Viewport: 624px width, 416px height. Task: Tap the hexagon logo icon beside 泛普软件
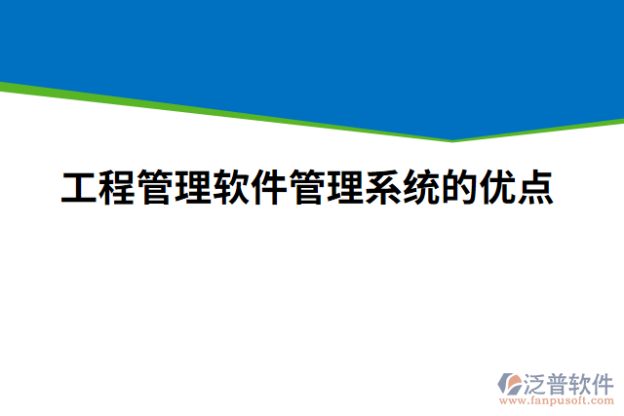(511, 383)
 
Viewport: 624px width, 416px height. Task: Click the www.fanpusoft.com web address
(556, 399)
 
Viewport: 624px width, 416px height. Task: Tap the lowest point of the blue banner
(451, 138)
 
